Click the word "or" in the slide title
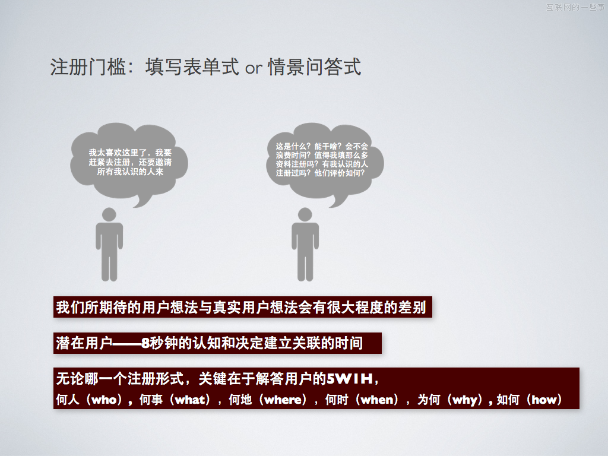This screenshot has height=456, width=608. tap(254, 68)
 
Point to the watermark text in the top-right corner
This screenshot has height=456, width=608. tap(575, 7)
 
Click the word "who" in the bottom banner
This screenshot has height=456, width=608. tap(105, 400)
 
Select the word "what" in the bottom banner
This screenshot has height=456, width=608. tap(190, 400)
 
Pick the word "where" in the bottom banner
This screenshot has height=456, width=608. tap(283, 400)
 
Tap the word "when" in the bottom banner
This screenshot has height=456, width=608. tap(378, 400)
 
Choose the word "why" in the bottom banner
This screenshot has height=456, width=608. tap(464, 400)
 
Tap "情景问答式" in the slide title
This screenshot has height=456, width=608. tap(314, 68)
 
